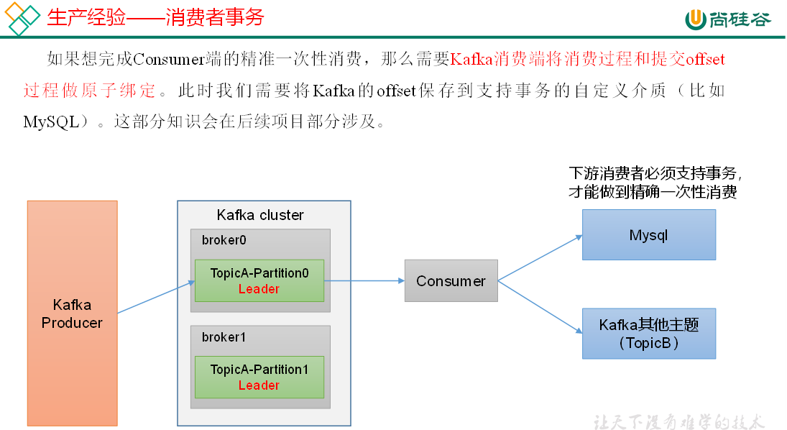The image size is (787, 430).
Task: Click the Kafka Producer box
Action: [x=72, y=313]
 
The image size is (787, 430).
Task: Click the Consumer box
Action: [x=451, y=281]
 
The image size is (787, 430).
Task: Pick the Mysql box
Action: [x=648, y=235]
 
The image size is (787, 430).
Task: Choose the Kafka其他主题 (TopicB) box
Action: [x=648, y=334]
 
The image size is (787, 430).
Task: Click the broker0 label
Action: [x=224, y=240]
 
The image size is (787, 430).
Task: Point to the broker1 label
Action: [x=224, y=337]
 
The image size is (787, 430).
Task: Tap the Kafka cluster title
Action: [x=260, y=215]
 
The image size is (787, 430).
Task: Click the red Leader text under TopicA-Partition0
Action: [x=259, y=289]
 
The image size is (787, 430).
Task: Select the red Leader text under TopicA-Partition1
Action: [x=259, y=385]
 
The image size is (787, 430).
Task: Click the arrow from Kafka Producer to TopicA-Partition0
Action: [x=156, y=297]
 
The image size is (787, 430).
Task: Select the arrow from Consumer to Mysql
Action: [x=540, y=257]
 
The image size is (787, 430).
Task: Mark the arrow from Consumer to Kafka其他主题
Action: [x=540, y=307]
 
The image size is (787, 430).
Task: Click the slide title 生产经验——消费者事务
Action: [x=155, y=17]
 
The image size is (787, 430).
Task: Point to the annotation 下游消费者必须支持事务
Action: [x=655, y=174]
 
